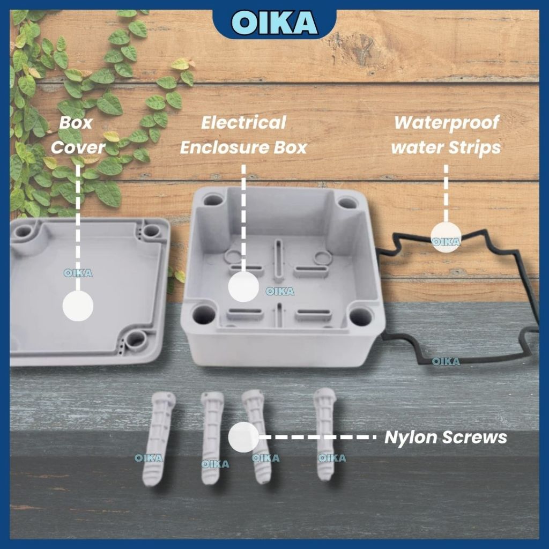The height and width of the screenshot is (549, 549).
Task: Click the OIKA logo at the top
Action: [274, 23]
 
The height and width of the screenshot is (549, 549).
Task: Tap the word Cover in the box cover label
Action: [78, 147]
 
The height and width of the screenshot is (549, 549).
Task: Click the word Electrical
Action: [244, 123]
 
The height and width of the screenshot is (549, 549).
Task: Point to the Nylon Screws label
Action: [446, 437]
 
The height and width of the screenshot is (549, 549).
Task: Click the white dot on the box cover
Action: [78, 306]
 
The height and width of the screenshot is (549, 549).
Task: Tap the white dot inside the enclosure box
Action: [243, 287]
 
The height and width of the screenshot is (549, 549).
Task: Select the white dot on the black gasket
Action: [446, 237]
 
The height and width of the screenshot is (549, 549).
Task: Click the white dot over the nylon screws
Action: [243, 437]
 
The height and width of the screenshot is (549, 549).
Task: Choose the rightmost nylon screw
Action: [325, 434]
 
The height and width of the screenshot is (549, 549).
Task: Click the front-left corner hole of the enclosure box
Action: [204, 314]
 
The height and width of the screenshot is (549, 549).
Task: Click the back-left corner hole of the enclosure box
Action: [213, 201]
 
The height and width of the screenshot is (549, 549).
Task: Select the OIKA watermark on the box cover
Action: [78, 273]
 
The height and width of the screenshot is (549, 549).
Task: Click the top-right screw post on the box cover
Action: [151, 231]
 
